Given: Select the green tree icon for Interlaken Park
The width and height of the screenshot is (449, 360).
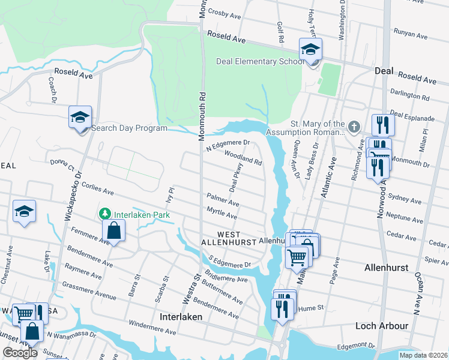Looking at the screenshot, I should (105, 214).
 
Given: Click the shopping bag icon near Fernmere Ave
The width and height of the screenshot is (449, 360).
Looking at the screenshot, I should (113, 230).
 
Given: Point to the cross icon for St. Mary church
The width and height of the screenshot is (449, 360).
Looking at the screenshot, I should (354, 127).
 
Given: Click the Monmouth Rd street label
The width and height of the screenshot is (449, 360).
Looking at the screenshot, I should (203, 108).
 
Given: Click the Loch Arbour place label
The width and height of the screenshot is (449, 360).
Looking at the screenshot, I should (382, 326).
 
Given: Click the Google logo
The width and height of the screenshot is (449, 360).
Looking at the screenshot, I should (20, 353).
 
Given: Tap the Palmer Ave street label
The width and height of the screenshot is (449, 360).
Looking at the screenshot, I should (223, 199).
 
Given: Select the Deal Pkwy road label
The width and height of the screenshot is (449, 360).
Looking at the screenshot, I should (237, 176).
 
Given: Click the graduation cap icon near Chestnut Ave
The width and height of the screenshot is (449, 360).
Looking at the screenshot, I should (24, 211).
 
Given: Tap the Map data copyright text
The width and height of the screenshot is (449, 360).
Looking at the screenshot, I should (423, 355).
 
